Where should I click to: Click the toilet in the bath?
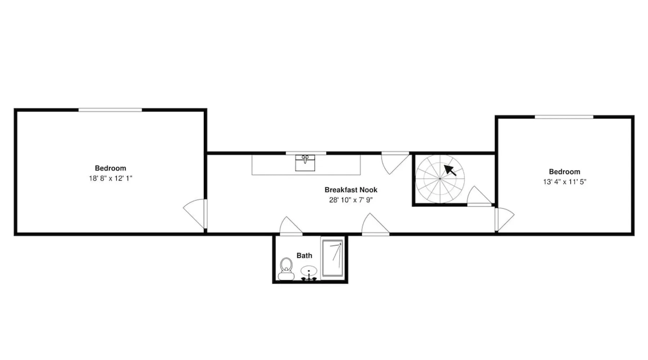pyautogui.click(x=286, y=269)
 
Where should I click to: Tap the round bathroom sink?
pyautogui.click(x=309, y=271)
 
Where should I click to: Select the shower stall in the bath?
pyautogui.click(x=332, y=258)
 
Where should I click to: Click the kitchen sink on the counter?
pyautogui.click(x=305, y=163)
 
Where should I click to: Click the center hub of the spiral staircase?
pyautogui.click(x=440, y=179)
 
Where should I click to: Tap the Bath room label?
pyautogui.click(x=304, y=256)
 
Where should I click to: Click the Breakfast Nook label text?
pyautogui.click(x=351, y=190)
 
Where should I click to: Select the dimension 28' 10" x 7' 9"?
pyautogui.click(x=351, y=200)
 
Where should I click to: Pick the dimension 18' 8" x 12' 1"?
pyautogui.click(x=111, y=178)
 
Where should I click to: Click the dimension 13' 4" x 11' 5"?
pyautogui.click(x=564, y=182)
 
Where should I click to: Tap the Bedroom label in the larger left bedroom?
pyautogui.click(x=111, y=168)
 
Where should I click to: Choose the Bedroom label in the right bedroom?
pyautogui.click(x=564, y=172)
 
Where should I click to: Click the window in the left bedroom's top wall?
pyautogui.click(x=110, y=110)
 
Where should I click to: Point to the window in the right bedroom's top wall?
pyautogui.click(x=564, y=117)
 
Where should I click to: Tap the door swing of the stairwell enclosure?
pyautogui.click(x=479, y=196)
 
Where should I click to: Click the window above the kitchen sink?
pyautogui.click(x=306, y=153)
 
